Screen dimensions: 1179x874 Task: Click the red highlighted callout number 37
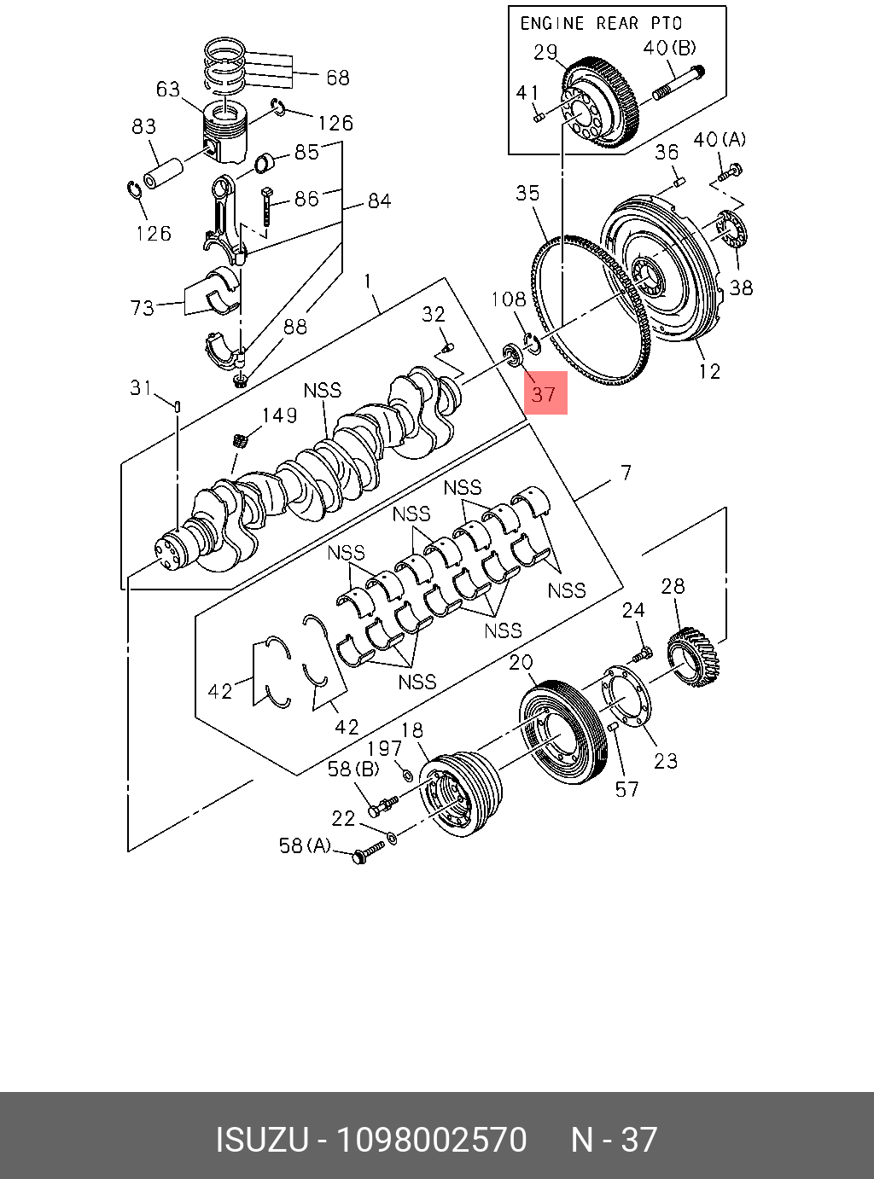point(545,393)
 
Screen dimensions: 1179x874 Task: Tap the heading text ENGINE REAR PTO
point(601,23)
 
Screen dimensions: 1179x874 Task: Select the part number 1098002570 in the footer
point(432,1140)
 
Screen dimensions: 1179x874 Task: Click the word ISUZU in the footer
point(260,1140)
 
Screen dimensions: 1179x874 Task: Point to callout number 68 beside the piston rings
point(338,78)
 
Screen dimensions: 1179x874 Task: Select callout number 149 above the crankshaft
point(279,415)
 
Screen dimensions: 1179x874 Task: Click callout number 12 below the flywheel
point(709,371)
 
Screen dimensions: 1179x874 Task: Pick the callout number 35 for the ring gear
point(527,193)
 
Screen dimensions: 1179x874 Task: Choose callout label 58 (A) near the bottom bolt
point(305,845)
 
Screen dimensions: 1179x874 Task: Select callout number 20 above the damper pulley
point(521,662)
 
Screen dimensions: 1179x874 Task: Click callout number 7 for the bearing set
point(626,473)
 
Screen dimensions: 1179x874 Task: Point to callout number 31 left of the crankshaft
point(141,388)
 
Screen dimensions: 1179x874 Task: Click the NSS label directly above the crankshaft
point(322,391)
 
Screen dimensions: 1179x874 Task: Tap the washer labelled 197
point(407,775)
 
